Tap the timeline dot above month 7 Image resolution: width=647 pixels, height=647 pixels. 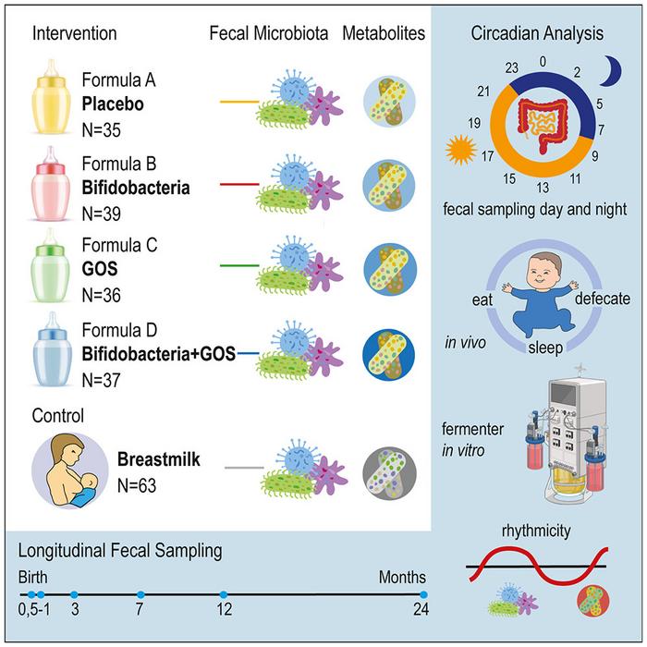(x=140, y=594)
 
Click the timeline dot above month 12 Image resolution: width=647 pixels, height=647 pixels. (x=225, y=594)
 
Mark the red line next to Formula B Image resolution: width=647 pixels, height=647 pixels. (x=237, y=184)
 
